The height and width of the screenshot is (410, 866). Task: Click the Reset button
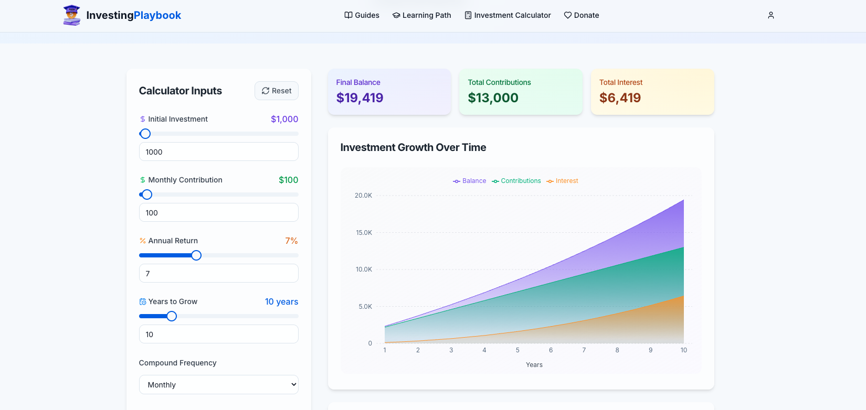(x=277, y=91)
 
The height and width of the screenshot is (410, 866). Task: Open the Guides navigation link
(x=362, y=15)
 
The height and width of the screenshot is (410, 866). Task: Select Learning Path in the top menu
(x=421, y=15)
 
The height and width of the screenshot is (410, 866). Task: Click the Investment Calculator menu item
(x=508, y=15)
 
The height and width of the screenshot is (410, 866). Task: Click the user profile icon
(x=770, y=15)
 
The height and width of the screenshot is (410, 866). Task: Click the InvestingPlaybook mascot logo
(x=72, y=15)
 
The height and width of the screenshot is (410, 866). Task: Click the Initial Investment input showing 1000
(x=218, y=152)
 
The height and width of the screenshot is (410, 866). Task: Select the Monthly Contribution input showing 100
(x=218, y=213)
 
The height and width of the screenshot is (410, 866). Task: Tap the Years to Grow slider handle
(x=172, y=316)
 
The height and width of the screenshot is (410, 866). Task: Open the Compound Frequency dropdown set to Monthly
(x=218, y=385)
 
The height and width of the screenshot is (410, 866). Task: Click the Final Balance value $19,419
(x=360, y=98)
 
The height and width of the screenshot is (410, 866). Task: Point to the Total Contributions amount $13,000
(x=493, y=98)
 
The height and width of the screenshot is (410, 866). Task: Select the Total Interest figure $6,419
(x=620, y=98)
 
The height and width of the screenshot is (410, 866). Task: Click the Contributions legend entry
(x=516, y=181)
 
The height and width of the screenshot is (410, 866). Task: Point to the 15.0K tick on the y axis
(x=364, y=233)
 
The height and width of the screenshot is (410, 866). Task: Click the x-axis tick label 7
(x=584, y=350)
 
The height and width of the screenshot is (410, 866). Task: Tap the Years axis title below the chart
(x=534, y=365)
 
